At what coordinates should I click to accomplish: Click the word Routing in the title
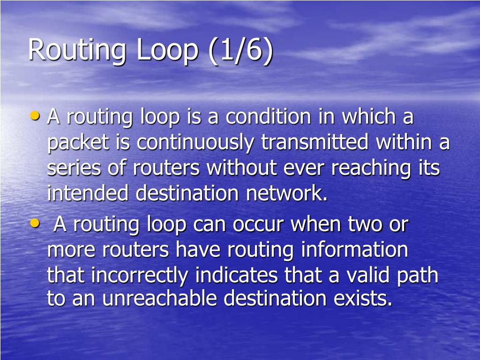pyautogui.click(x=77, y=50)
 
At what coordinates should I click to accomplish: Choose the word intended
pyautogui.click(x=88, y=193)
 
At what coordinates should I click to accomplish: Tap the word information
pyautogui.click(x=354, y=250)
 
